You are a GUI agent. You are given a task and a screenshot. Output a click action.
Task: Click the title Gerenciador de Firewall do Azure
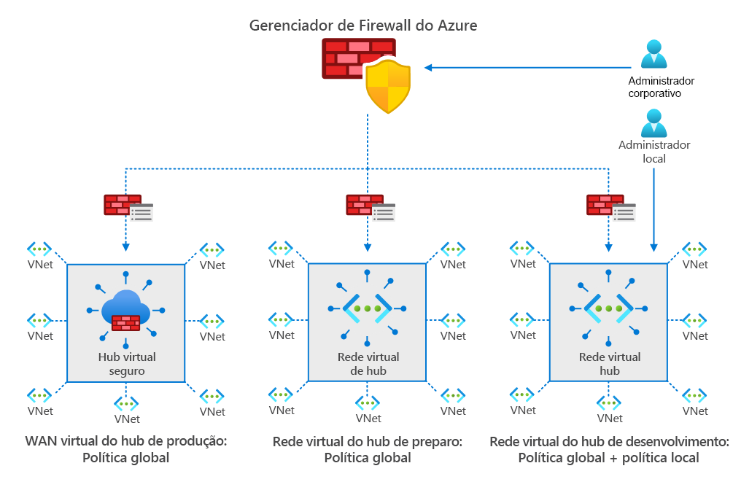pyautogui.click(x=363, y=26)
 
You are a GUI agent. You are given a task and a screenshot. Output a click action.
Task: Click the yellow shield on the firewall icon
pyautogui.click(x=388, y=86)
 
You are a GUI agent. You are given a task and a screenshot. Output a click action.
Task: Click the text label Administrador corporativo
pyautogui.click(x=661, y=87)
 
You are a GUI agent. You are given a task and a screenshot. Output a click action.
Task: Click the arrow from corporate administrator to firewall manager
pyautogui.click(x=525, y=68)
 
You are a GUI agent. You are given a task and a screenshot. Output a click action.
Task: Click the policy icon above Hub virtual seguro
pyautogui.click(x=128, y=207)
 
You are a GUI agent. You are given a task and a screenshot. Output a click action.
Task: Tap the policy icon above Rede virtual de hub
pyautogui.click(x=369, y=207)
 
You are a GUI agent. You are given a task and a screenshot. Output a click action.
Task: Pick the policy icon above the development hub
pyautogui.click(x=610, y=207)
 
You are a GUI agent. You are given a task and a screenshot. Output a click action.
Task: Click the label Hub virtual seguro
pyautogui.click(x=127, y=364)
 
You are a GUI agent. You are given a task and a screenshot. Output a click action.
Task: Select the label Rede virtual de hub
pyautogui.click(x=368, y=364)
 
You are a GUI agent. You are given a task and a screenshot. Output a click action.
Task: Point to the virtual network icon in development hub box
pyautogui.click(x=609, y=308)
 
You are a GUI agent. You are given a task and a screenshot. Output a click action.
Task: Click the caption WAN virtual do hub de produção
pyautogui.click(x=126, y=442)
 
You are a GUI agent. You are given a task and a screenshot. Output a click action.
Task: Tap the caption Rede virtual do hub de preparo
pyautogui.click(x=368, y=442)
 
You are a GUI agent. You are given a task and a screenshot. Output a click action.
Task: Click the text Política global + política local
pyautogui.click(x=608, y=458)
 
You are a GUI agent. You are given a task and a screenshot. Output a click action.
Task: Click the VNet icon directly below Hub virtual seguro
pyautogui.click(x=127, y=403)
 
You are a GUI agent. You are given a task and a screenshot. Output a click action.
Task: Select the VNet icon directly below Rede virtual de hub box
pyautogui.click(x=368, y=403)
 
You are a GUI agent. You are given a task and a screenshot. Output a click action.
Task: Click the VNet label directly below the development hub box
pyautogui.click(x=610, y=419)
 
